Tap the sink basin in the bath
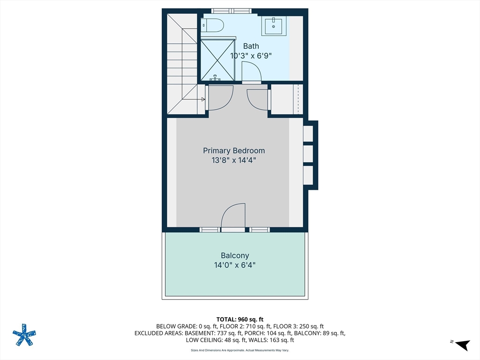point(273,26)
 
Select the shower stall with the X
point(217,60)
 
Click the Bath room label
point(251,46)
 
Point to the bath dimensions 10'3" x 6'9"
point(251,56)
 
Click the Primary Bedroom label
point(234,150)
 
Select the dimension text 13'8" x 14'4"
point(234,160)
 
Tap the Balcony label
point(235,255)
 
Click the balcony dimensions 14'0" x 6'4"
point(235,265)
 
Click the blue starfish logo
point(24,335)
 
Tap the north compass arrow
point(463,345)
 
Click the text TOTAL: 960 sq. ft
point(240,320)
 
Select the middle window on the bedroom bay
point(308,154)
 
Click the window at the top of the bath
point(232,11)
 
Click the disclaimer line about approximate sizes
point(240,350)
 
